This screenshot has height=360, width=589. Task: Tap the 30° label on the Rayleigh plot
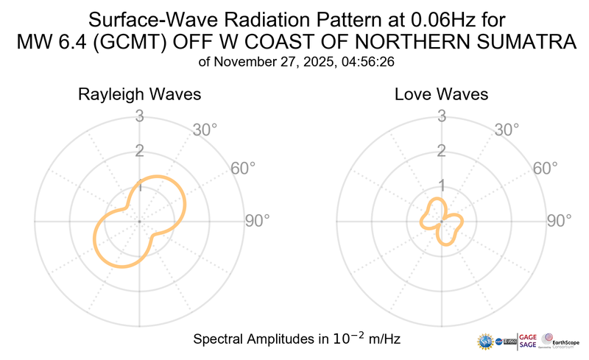[x=205, y=130]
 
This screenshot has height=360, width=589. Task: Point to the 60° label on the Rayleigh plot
[x=243, y=168]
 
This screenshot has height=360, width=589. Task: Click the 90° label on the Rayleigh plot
[x=257, y=220]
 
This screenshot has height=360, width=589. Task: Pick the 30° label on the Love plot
[x=507, y=130]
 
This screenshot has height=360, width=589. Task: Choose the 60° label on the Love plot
[x=545, y=168]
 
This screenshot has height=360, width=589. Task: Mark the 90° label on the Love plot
[x=559, y=220]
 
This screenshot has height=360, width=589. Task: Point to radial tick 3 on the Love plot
[x=441, y=116]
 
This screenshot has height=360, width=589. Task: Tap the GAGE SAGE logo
[x=529, y=341]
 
